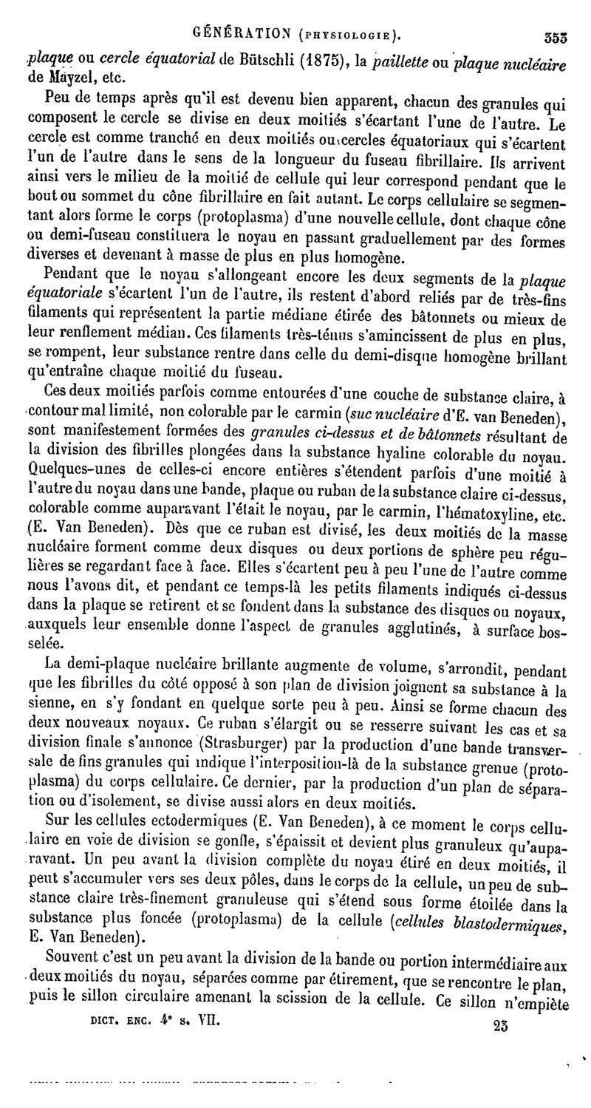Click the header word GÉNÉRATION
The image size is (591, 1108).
(233, 33)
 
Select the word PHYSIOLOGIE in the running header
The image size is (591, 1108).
(344, 34)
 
